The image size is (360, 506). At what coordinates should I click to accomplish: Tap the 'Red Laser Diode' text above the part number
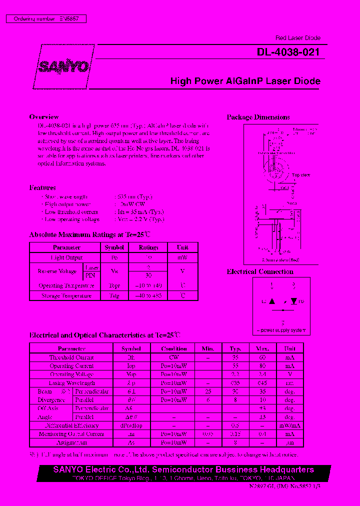pos(297,38)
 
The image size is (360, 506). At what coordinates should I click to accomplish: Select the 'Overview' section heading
pos(44,117)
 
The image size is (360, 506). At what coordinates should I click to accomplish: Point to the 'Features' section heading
pos(42,187)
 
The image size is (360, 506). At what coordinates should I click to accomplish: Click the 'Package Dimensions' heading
pos(258,117)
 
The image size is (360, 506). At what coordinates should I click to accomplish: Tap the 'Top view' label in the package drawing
pos(301,175)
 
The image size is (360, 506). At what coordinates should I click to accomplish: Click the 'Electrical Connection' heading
pos(260,271)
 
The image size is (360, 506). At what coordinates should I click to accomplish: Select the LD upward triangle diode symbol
pos(272,301)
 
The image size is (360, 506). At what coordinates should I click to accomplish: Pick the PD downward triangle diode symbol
pos(293,301)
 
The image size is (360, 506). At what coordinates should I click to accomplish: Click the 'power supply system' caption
pos(283,330)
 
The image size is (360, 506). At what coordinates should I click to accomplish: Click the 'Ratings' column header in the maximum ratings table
pos(148,247)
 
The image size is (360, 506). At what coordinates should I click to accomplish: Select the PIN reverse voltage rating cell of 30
pos(148,275)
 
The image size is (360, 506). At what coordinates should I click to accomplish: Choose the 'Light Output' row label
pos(66,257)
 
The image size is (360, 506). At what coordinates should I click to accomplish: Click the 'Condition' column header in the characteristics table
pos(174,348)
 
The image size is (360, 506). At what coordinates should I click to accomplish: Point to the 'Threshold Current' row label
pos(71,357)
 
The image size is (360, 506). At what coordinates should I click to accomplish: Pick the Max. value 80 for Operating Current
pos(262,365)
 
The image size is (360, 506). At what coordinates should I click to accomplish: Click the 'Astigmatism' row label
pos(71,442)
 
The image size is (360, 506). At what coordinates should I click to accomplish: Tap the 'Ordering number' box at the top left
pos(45,18)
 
